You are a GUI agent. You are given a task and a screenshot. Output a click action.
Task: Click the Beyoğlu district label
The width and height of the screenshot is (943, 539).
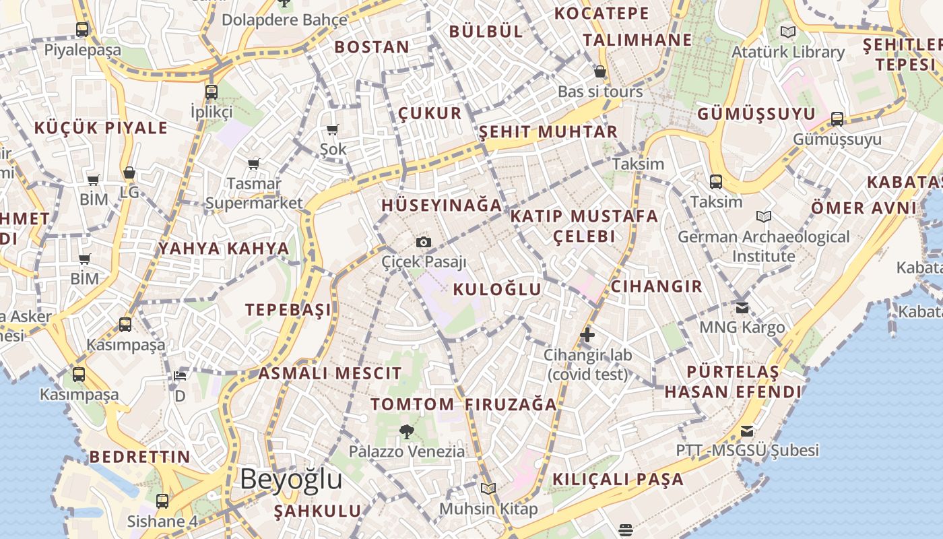point(291,480)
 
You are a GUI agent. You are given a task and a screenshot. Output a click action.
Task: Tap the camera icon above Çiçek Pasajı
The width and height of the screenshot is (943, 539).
point(424,242)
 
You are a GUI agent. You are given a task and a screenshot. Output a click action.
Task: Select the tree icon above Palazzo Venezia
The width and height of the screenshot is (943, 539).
point(406,432)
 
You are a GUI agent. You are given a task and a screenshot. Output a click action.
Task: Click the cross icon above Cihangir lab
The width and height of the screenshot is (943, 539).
point(587,335)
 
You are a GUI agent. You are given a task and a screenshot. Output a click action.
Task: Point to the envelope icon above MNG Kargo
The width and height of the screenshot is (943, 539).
point(742,308)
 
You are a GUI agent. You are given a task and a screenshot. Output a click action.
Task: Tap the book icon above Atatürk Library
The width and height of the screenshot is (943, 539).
point(787,32)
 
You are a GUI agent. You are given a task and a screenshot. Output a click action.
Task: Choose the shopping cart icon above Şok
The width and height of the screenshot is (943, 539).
point(333,129)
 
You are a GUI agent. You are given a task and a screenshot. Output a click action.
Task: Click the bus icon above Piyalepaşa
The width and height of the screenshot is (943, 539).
point(82,30)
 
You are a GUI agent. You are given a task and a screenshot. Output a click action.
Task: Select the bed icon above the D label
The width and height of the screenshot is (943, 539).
point(180,375)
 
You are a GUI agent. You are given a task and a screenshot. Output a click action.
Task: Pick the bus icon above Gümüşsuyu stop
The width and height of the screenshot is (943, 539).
point(837,119)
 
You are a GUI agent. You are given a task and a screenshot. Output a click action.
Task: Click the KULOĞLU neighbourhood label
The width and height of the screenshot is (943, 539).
point(497,290)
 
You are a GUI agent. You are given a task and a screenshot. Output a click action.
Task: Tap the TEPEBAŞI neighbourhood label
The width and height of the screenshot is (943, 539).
point(288,310)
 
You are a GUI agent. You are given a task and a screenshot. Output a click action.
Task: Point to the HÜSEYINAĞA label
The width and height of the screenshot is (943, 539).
point(442,205)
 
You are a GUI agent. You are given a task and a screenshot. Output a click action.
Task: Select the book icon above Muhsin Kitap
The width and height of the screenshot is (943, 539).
point(488,488)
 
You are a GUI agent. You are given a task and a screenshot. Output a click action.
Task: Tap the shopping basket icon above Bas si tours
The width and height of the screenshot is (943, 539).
point(600,71)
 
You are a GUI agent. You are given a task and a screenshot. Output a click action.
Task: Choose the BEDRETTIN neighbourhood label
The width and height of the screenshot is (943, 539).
point(140,457)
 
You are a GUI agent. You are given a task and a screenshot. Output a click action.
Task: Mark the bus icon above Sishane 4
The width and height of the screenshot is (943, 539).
point(162,501)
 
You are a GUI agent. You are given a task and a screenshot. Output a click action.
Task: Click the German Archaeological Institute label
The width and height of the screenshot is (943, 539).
point(763,247)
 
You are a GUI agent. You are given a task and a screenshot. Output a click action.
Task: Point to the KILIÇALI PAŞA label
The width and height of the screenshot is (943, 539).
point(618,480)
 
